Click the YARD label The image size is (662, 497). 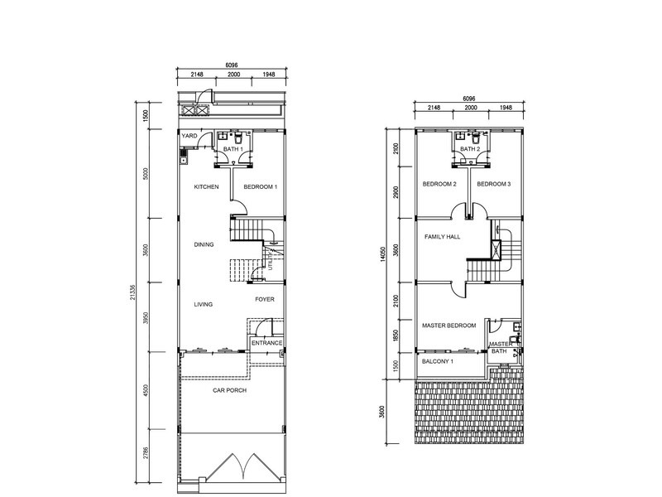pyautogui.click(x=189, y=135)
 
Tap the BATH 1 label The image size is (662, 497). pyautogui.click(x=233, y=149)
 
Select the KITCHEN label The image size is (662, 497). pyautogui.click(x=206, y=187)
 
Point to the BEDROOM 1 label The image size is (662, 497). pyautogui.click(x=260, y=187)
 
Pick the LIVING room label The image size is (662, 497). pyautogui.click(x=204, y=304)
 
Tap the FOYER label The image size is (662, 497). pyautogui.click(x=265, y=299)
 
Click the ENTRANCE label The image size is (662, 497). pyautogui.click(x=267, y=343)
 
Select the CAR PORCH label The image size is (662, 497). pyautogui.click(x=230, y=390)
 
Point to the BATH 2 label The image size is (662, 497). pyautogui.click(x=469, y=149)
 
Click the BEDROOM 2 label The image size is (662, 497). pyautogui.click(x=439, y=184)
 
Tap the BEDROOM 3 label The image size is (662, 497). pyautogui.click(x=493, y=184)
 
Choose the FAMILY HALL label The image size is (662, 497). pyautogui.click(x=442, y=237)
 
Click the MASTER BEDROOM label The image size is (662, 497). pyautogui.click(x=449, y=326)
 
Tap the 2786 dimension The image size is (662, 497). pyautogui.click(x=146, y=452)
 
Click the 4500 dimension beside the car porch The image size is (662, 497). pyautogui.click(x=146, y=391)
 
